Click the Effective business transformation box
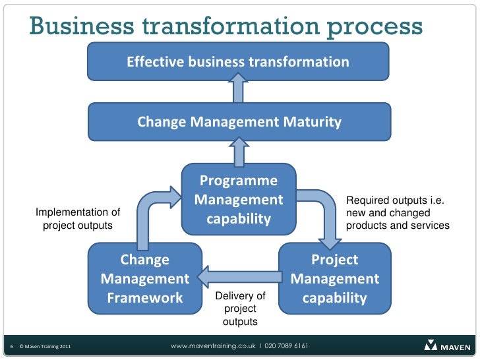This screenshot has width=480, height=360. point(238,62)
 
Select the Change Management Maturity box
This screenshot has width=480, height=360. point(239,122)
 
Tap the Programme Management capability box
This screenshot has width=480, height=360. point(239,199)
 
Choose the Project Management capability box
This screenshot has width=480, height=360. point(335,279)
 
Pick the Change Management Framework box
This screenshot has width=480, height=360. point(145,279)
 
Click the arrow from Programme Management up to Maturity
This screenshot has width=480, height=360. point(239,151)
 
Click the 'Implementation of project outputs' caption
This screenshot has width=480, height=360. point(78,219)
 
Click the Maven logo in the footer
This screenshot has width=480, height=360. point(447,345)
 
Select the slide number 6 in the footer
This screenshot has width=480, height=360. point(12,346)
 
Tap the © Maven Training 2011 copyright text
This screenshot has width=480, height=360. point(45,346)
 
